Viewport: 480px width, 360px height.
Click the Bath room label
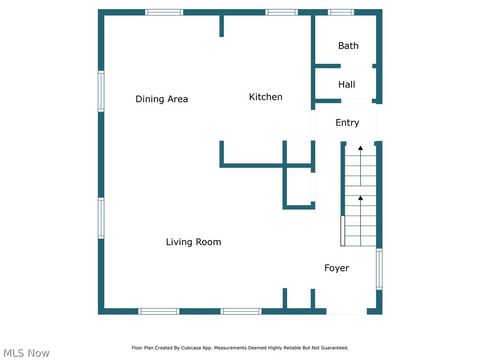click(x=348, y=46)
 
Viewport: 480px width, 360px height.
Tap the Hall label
click(x=346, y=85)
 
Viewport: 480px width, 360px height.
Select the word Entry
click(x=347, y=123)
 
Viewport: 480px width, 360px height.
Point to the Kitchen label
click(x=265, y=97)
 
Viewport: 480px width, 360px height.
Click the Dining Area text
click(x=162, y=99)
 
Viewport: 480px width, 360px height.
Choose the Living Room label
click(x=193, y=242)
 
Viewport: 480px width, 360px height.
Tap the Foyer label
click(x=336, y=268)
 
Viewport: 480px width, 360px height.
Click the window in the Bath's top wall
click(x=341, y=12)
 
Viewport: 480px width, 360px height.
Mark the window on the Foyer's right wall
click(x=379, y=269)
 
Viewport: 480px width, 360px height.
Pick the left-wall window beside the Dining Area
click(x=100, y=91)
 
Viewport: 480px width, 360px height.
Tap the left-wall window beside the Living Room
click(x=100, y=217)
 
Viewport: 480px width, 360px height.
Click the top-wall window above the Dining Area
click(x=164, y=12)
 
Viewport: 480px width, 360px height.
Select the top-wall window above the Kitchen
click(x=281, y=12)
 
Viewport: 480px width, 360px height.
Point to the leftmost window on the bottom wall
click(x=158, y=311)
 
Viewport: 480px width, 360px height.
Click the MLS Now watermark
click(x=26, y=352)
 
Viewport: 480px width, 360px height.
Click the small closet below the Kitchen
click(x=300, y=186)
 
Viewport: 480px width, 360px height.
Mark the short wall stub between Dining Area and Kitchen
click(x=221, y=24)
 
